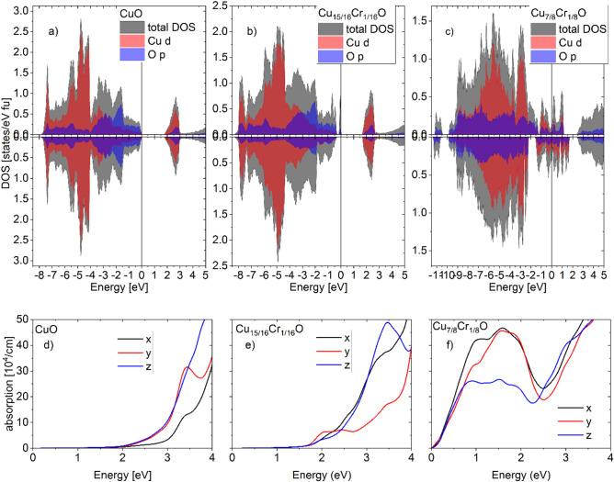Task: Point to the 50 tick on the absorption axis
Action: point(22,318)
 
